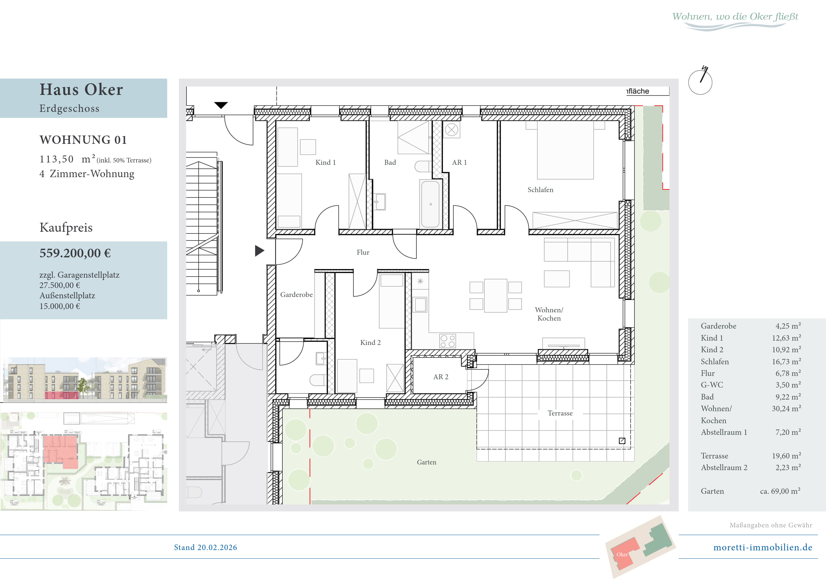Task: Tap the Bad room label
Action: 390,162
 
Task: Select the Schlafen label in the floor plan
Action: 540,190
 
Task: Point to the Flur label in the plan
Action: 363,252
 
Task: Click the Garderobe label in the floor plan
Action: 296,295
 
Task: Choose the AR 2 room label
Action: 441,377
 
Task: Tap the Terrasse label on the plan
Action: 560,413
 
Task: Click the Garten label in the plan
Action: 426,462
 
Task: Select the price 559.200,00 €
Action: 75,253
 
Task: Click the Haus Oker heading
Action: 81,89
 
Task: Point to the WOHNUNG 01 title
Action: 83,140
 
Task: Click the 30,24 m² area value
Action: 786,409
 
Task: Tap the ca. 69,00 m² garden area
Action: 780,491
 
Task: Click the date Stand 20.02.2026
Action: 206,547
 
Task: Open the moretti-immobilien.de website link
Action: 763,547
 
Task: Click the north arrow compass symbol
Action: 700,81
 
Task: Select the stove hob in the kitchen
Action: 448,341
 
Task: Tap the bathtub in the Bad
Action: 430,204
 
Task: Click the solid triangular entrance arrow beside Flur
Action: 259,251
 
